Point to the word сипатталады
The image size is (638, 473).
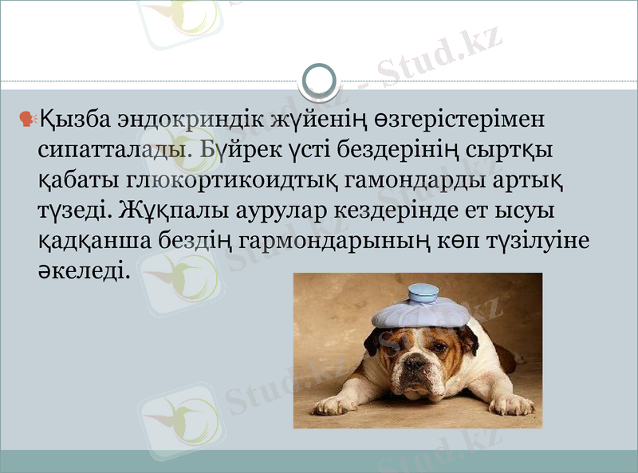pyautogui.click(x=109, y=150)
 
